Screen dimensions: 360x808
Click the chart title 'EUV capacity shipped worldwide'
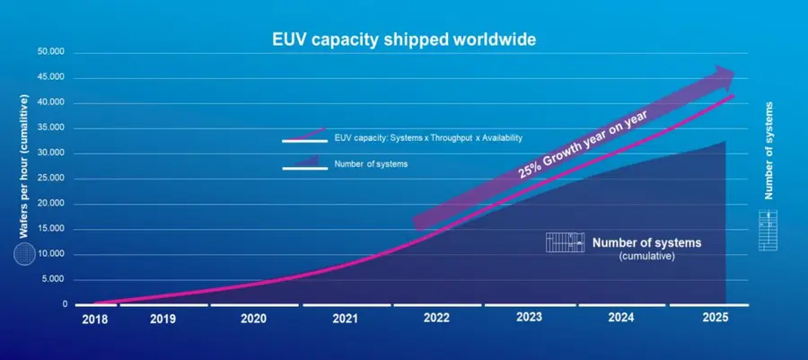404,40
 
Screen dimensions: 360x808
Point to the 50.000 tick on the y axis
52,52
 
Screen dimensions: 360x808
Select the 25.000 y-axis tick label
52,179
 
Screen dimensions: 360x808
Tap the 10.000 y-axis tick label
52,254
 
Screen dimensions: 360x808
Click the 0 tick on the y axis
65,304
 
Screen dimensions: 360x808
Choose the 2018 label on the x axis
95,319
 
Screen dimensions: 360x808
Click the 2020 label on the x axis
255,319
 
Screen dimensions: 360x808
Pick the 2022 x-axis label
437,319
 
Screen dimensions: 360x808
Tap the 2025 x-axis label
715,319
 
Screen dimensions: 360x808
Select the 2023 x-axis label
530,319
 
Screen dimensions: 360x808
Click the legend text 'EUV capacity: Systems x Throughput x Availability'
427,137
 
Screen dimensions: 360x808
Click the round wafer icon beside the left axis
24,255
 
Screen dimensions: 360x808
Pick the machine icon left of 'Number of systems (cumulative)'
564,242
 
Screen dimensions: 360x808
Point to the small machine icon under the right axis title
768,230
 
